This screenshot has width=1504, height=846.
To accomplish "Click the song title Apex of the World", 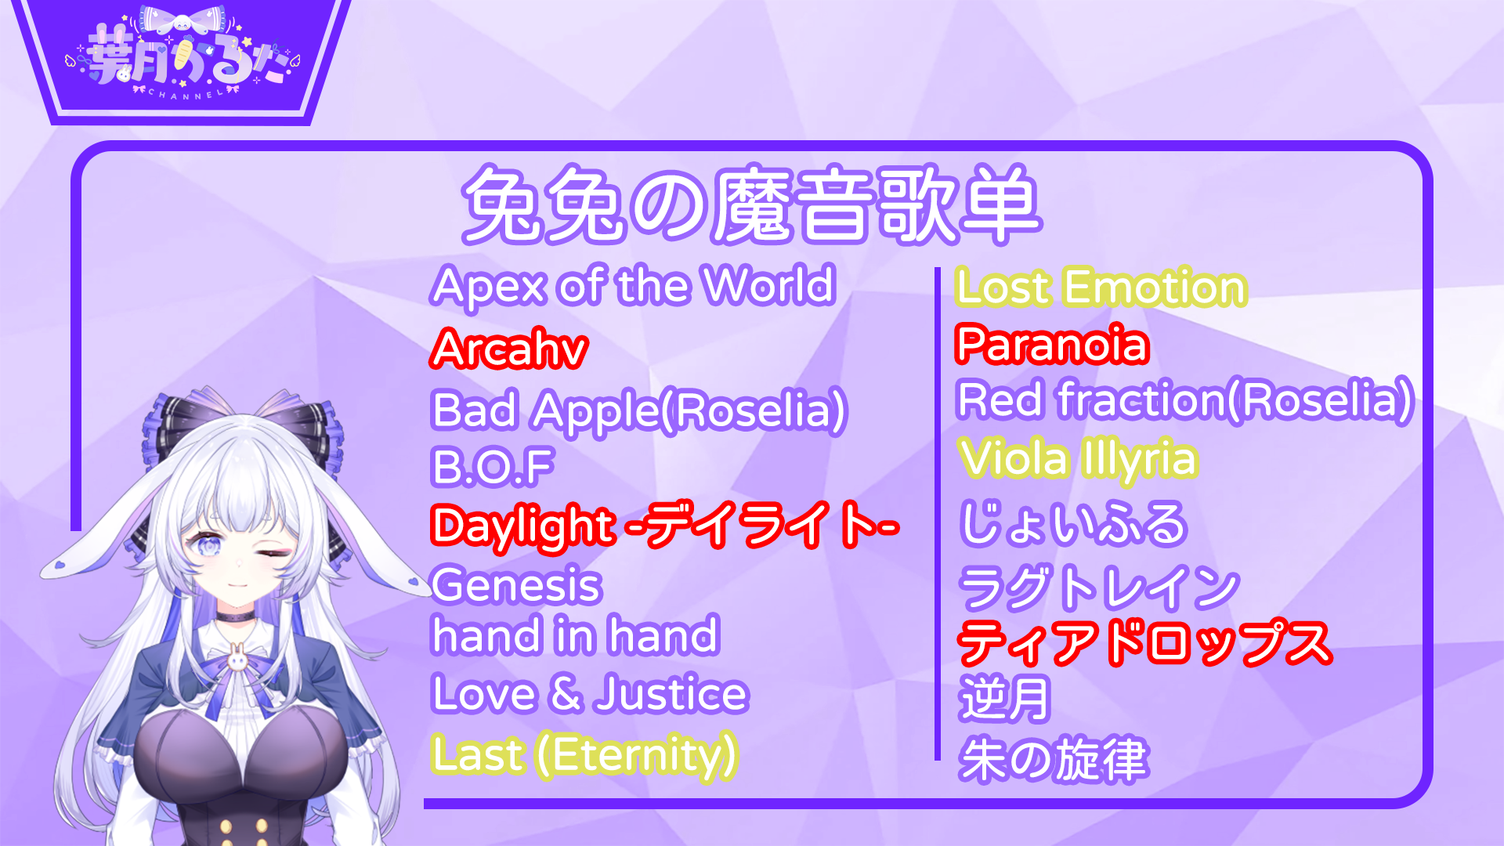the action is [x=633, y=287].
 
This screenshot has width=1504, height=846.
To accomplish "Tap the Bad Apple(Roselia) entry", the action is [x=639, y=410].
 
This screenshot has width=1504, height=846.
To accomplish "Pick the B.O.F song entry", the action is [x=493, y=467].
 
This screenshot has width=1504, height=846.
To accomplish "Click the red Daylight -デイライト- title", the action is [x=664, y=525].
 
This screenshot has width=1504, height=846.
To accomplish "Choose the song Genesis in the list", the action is [x=516, y=585].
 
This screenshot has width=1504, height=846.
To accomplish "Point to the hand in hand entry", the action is [x=575, y=635].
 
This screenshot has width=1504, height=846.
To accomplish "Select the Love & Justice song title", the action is [x=590, y=694].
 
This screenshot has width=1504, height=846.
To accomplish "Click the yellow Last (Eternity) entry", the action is [x=584, y=755].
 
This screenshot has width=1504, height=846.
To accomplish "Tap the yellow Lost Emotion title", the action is [x=1101, y=287].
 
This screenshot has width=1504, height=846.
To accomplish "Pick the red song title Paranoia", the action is [x=1052, y=344].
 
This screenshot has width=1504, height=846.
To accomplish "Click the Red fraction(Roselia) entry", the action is [x=1185, y=400].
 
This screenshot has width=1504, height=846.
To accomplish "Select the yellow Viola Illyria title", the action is [x=1078, y=459].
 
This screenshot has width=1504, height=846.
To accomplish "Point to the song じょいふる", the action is [x=1073, y=523].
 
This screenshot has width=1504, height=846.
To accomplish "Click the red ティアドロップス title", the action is [x=1144, y=643].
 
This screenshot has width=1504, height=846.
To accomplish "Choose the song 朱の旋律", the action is [x=1054, y=759].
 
